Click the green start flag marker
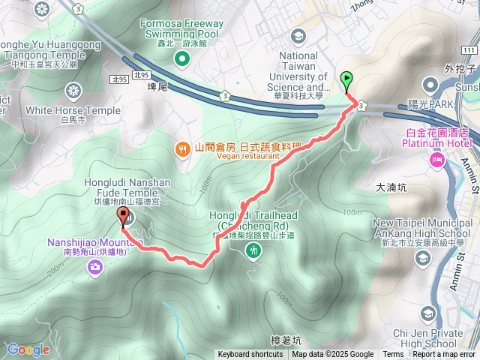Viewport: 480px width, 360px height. pyautogui.click(x=347, y=79)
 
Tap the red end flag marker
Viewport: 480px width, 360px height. pyautogui.click(x=122, y=218)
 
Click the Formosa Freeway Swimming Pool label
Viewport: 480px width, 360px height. pyautogui.click(x=181, y=28)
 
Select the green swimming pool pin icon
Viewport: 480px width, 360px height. pyautogui.click(x=181, y=58)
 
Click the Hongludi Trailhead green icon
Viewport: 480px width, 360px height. pyautogui.click(x=254, y=250)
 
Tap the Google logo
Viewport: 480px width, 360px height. pyautogui.click(x=28, y=349)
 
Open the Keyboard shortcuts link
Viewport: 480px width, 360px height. pyautogui.click(x=250, y=355)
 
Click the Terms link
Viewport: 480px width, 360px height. pyautogui.click(x=393, y=355)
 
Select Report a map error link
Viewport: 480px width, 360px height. pyautogui.click(x=444, y=355)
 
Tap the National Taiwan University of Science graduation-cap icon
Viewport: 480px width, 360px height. pyautogui.click(x=298, y=35)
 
